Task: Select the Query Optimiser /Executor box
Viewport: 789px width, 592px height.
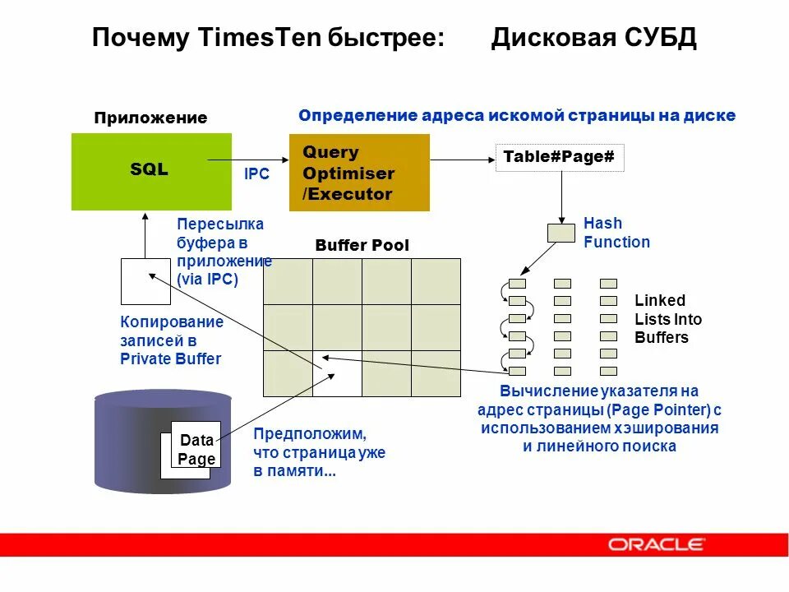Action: click(x=359, y=173)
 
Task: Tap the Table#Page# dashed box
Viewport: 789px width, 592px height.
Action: click(x=559, y=157)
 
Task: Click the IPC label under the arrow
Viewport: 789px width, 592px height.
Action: click(x=256, y=174)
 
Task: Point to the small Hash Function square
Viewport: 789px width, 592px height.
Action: click(x=561, y=233)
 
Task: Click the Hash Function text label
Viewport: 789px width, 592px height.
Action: click(x=616, y=233)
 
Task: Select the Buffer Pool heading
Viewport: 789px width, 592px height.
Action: click(x=362, y=246)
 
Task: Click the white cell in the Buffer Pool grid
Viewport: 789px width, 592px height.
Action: click(x=337, y=373)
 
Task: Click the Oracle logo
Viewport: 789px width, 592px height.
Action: click(x=656, y=544)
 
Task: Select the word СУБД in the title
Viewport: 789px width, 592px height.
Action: click(x=660, y=38)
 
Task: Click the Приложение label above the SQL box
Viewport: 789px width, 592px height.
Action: click(x=150, y=118)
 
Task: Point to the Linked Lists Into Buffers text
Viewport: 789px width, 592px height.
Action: click(x=667, y=319)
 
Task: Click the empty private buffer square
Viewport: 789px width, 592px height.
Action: click(x=145, y=281)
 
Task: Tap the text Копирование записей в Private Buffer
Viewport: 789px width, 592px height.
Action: click(x=172, y=340)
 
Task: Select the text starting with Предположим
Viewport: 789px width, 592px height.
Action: click(x=319, y=452)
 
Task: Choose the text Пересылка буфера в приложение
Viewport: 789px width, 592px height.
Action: click(x=224, y=251)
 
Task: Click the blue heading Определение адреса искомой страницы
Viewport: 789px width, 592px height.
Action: click(x=516, y=116)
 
